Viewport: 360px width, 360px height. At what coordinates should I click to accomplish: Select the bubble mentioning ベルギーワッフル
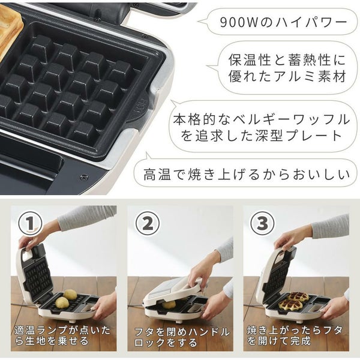(x=262, y=126)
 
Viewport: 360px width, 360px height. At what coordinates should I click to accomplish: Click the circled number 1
(x=31, y=223)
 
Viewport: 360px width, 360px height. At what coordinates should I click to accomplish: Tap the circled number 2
(x=147, y=223)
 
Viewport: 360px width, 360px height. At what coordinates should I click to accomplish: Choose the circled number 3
(x=262, y=223)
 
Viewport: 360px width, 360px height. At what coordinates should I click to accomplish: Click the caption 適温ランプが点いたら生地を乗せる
(x=62, y=335)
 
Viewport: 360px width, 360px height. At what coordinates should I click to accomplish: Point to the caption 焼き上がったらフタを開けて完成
(x=295, y=335)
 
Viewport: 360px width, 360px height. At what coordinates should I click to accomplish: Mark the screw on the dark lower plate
(x=83, y=177)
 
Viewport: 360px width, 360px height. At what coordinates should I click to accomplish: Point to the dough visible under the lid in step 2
(x=169, y=305)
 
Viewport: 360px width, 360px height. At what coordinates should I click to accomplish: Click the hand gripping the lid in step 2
(x=199, y=275)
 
